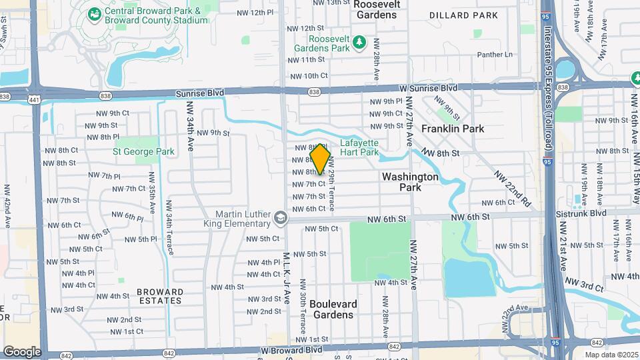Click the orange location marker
[x=321, y=159]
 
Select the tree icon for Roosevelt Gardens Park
[x=360, y=43]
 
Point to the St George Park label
[x=143, y=152]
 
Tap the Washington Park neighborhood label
[x=410, y=182]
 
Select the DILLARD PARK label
[x=463, y=15]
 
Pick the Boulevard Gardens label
[x=333, y=309]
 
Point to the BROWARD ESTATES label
[x=159, y=296]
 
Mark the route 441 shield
[x=33, y=99]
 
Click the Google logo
[x=22, y=352]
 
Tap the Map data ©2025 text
[x=611, y=355]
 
